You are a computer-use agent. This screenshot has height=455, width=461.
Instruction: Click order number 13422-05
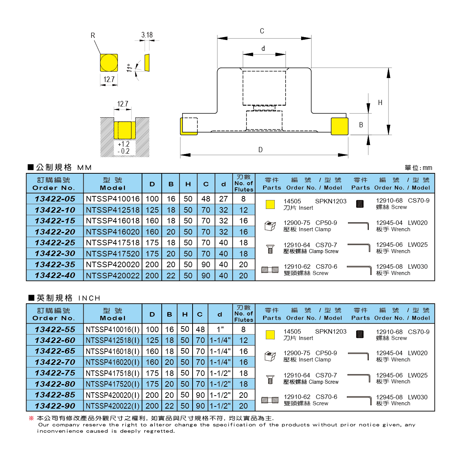pos(55,199)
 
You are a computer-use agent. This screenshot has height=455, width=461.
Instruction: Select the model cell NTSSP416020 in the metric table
pos(113,232)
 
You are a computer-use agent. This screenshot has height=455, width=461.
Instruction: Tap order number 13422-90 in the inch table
pos(55,406)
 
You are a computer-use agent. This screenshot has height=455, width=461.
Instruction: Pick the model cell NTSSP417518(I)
pos(113,373)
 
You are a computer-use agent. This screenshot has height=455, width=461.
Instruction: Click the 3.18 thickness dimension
pos(147,35)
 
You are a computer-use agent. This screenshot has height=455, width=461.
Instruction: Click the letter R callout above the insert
pos(93,36)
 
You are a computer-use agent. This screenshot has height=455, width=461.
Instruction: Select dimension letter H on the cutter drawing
pos(380,103)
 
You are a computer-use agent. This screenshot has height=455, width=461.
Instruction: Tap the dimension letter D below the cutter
pos(260,150)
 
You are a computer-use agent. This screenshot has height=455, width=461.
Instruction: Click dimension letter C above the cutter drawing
pos(262,31)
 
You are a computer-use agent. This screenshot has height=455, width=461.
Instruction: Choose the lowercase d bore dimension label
pos(263,49)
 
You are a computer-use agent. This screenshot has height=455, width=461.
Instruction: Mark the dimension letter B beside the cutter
pos(361,125)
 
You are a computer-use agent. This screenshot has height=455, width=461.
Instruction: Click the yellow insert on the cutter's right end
pos(339,126)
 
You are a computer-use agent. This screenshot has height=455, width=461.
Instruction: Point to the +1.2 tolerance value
pos(123,144)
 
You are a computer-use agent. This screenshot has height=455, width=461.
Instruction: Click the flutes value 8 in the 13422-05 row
pos(244,199)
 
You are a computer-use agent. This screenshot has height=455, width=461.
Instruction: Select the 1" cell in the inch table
pos(220,330)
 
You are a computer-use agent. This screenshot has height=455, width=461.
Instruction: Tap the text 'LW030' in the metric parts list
pos(418,266)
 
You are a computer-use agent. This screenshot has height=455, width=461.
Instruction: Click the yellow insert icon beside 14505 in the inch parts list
pos(270,335)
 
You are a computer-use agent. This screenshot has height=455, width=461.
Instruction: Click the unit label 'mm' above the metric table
pos(427,168)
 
